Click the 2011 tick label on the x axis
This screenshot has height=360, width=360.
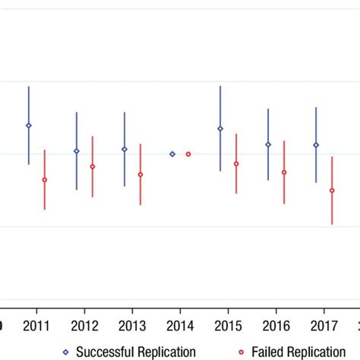pos(36,327)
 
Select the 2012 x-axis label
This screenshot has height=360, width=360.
pos(84,327)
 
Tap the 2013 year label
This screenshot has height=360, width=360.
pos(132,327)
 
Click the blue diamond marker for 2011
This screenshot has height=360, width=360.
pos(29,125)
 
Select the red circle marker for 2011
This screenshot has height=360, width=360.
pos(45,180)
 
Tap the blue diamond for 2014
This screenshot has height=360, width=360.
pos(172,154)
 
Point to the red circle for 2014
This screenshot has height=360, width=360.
pos(188,154)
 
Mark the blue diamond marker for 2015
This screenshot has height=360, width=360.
pos(220,128)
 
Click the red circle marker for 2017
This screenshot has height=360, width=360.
pos(332,191)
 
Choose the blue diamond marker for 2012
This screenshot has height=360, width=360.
pos(76,151)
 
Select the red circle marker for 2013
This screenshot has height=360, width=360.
pos(141,175)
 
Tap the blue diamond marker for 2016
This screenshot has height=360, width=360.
pos(268,144)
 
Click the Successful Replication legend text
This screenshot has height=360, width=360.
pos(137,352)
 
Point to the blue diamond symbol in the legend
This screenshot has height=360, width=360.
pos(66,352)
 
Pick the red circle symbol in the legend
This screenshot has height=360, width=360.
pos(242,352)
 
